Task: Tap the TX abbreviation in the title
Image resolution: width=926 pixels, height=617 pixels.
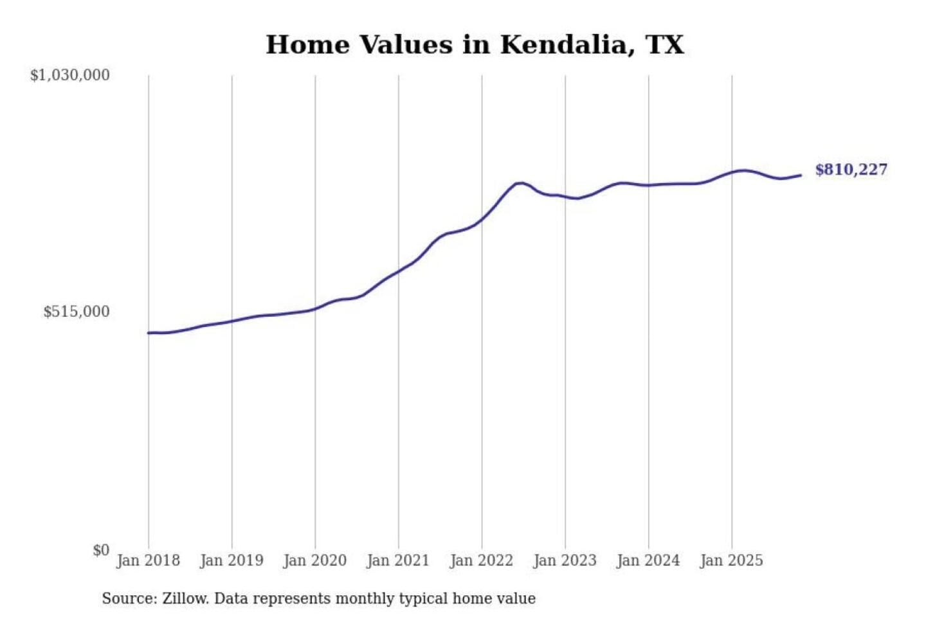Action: [664, 44]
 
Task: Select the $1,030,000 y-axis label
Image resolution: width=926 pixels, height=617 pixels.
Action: [70, 75]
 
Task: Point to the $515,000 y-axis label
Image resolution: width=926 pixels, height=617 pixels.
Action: [77, 312]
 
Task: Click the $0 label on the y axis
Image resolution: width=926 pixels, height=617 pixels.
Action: [101, 550]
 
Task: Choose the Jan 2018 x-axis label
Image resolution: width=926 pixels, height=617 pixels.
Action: [149, 560]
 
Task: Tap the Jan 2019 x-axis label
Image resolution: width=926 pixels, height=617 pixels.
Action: [232, 560]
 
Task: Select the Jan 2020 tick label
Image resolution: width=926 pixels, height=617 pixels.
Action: [315, 560]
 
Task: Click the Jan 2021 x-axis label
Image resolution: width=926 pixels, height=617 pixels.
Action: [398, 560]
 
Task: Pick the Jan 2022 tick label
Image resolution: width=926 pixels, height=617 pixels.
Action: [482, 560]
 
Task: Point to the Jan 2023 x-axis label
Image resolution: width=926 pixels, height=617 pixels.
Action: [565, 560]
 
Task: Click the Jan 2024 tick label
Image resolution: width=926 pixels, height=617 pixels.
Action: [648, 560]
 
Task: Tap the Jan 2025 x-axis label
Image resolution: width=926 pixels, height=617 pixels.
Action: [732, 560]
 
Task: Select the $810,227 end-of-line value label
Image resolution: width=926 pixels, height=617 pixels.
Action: [851, 170]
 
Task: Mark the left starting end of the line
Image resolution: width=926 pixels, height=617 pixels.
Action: [149, 333]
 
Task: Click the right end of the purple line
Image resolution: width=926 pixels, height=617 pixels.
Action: [801, 175]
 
